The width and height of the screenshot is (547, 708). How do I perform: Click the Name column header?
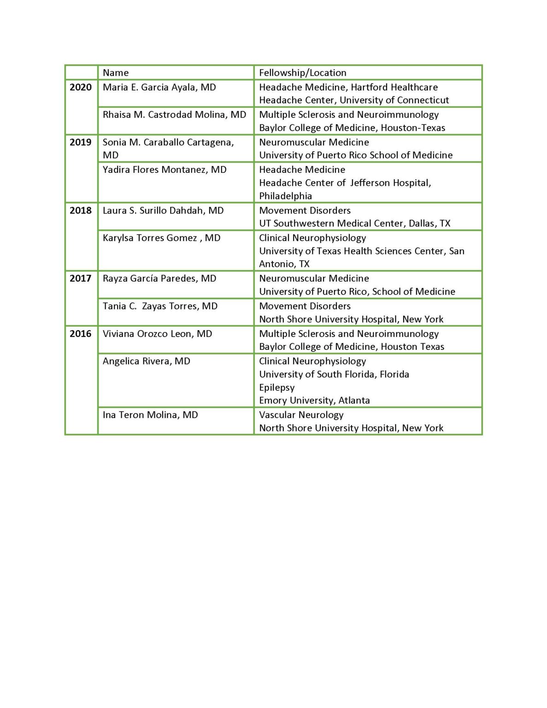point(116,73)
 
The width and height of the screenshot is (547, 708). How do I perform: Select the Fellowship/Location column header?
point(302,73)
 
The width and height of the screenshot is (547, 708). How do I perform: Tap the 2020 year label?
point(81,87)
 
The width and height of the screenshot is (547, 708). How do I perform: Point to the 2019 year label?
point(81,142)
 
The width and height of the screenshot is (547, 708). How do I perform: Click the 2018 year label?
point(81,210)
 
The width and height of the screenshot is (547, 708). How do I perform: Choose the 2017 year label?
point(81,278)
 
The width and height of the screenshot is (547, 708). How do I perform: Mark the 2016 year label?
point(81,334)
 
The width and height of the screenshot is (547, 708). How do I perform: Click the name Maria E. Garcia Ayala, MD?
point(159,87)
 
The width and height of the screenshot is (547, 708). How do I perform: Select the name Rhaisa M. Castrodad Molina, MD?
point(174,114)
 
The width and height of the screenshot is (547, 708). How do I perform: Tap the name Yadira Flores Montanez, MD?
point(165,170)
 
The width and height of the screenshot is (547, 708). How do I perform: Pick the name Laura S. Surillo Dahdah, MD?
point(163,210)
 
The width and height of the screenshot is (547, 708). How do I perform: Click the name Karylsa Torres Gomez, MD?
point(161,238)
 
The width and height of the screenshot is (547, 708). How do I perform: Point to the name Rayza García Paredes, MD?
point(159,278)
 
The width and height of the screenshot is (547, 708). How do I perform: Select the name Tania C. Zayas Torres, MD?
point(160,306)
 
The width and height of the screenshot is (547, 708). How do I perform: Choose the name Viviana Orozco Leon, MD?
point(157,334)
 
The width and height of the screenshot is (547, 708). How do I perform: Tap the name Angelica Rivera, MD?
point(146,361)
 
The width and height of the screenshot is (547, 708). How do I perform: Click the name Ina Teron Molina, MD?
point(150,415)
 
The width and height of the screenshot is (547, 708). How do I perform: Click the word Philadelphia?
point(285,196)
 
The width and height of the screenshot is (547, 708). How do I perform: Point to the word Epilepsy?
point(276,388)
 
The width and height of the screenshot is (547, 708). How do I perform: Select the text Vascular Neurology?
point(301,415)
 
